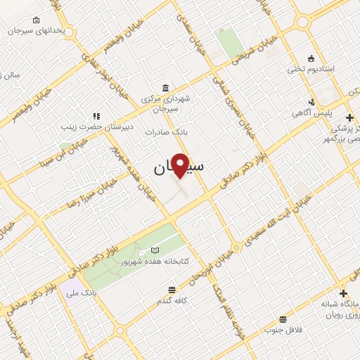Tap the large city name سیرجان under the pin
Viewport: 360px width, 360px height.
[179, 168]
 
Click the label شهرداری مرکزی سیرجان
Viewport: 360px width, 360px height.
[165, 104]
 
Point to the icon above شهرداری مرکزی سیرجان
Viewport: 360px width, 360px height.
[165, 87]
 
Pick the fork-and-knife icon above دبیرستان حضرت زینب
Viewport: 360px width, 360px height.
[96, 115]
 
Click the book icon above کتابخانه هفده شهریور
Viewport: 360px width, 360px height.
[155, 250]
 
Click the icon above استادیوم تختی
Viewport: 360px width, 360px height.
[310, 58]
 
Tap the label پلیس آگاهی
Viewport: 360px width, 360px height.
[312, 112]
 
